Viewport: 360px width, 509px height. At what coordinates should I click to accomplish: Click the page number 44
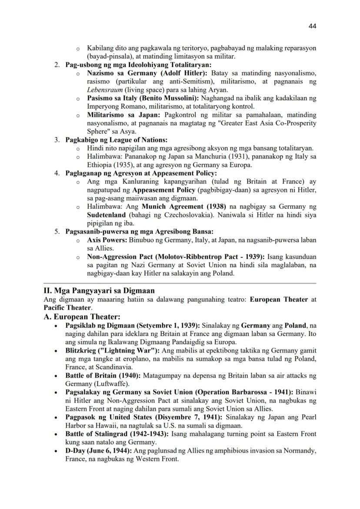[312, 26]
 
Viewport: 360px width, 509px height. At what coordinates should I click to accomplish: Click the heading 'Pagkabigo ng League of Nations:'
[116, 140]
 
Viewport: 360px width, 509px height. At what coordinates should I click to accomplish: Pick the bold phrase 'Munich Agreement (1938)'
[179, 206]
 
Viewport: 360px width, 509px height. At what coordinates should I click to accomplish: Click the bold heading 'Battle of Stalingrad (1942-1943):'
[117, 434]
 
